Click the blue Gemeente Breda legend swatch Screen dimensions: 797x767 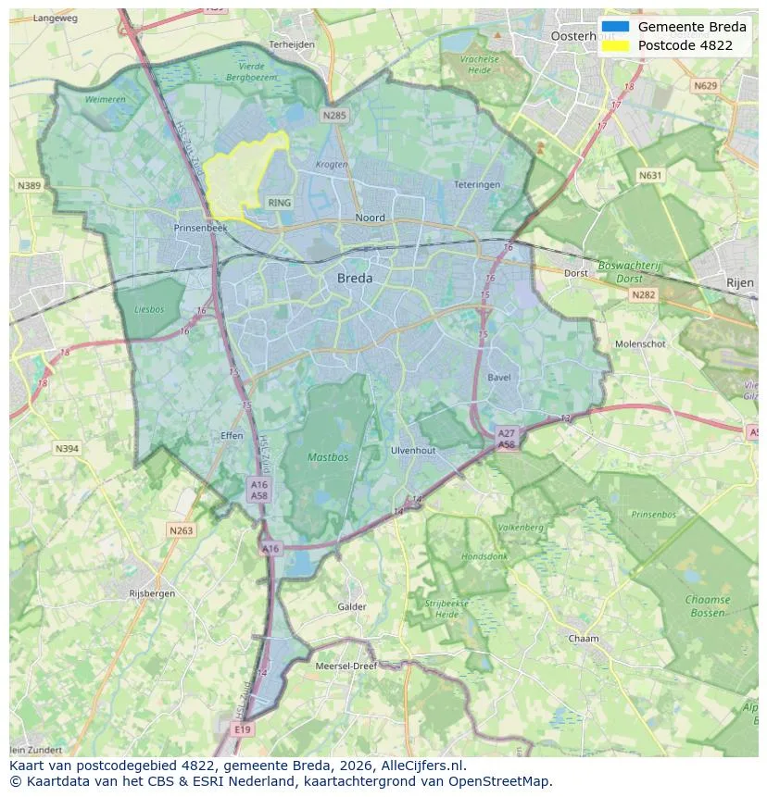[x=615, y=27]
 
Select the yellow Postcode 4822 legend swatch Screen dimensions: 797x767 [x=615, y=45]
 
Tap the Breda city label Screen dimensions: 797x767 [x=355, y=278]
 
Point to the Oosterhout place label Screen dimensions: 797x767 [x=583, y=36]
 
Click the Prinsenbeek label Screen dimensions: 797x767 [x=200, y=227]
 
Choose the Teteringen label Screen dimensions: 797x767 [x=477, y=185]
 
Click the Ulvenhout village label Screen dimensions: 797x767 [x=413, y=450]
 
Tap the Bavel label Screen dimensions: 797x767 [x=498, y=378]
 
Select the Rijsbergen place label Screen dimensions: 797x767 [x=153, y=593]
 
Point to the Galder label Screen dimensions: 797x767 [x=352, y=607]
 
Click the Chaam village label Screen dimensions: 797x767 [x=584, y=639]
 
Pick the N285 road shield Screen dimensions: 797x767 [x=334, y=116]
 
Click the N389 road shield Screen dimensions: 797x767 [x=29, y=186]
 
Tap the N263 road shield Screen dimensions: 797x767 [x=182, y=530]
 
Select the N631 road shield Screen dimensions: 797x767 [x=651, y=175]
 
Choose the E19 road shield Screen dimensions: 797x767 [x=243, y=729]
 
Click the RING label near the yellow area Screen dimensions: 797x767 [x=279, y=202]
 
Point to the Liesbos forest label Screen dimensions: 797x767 [x=149, y=310]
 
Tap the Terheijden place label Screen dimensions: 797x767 [x=292, y=44]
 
